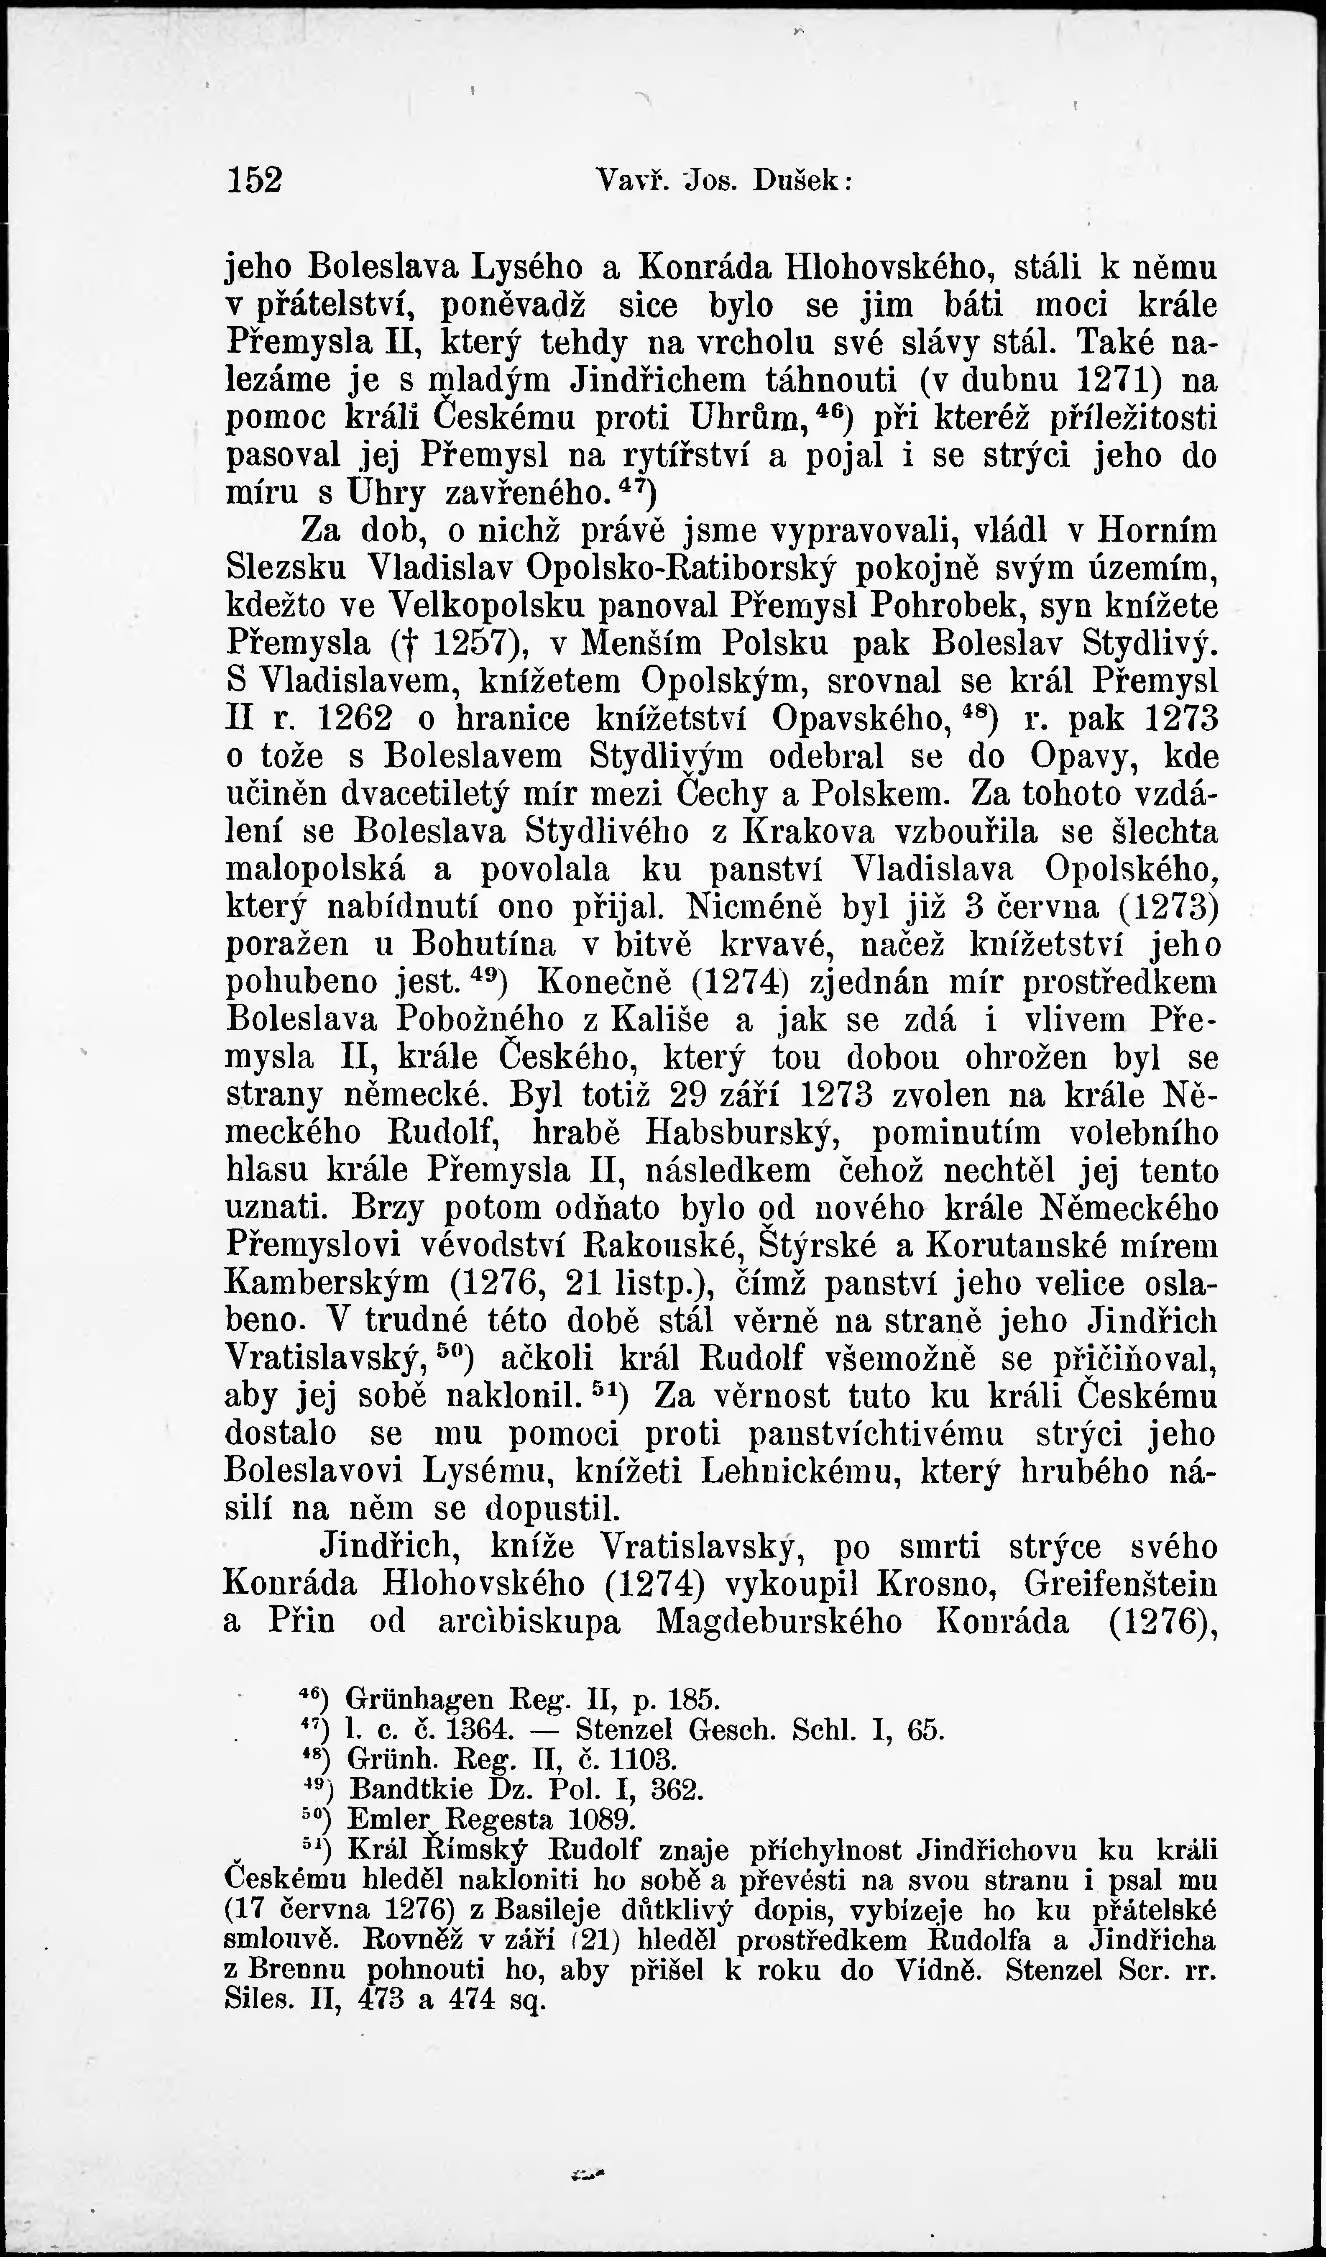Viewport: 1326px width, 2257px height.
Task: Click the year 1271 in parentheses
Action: coord(1115,381)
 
